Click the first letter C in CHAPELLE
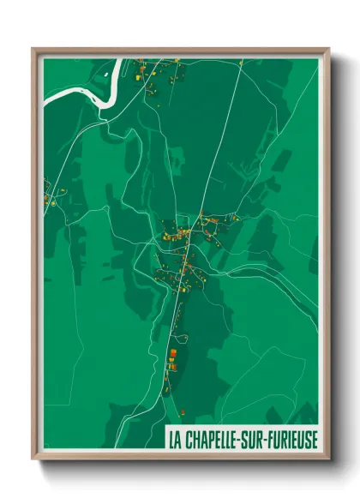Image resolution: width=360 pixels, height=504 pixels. click(x=189, y=439)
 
